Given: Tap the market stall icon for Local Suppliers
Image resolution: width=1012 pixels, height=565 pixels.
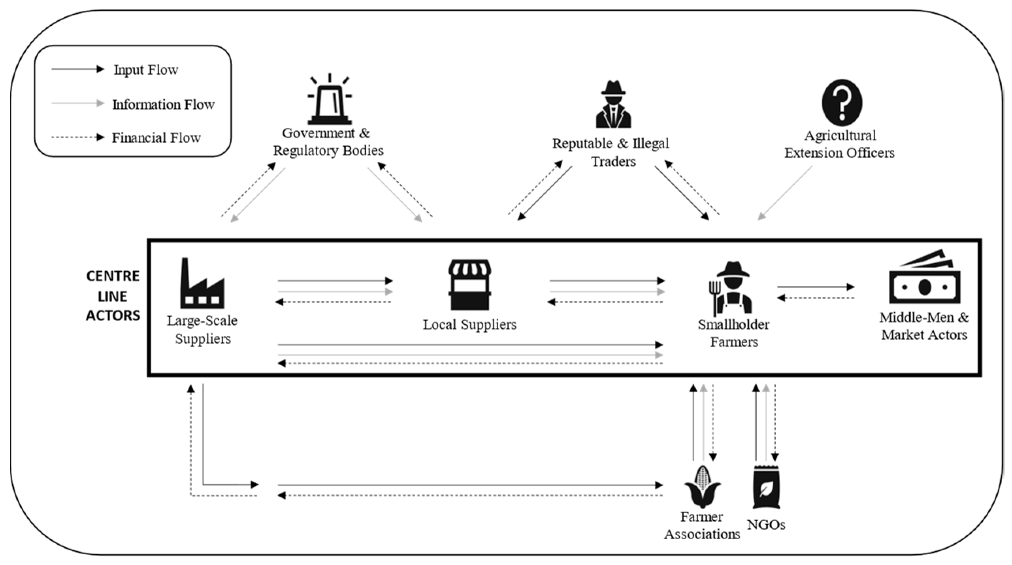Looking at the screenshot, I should (x=469, y=284).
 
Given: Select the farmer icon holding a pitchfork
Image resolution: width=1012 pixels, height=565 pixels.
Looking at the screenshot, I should (x=730, y=288).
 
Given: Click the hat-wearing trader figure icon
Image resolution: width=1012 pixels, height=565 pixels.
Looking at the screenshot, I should (x=613, y=104).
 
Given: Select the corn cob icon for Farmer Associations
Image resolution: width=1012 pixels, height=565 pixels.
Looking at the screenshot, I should (x=703, y=487).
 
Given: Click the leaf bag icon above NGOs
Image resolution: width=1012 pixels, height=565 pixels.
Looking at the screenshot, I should (x=766, y=487).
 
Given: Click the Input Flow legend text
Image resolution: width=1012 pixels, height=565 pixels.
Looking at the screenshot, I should (x=146, y=70).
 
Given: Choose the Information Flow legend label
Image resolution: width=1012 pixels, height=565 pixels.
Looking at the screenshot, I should (x=163, y=105).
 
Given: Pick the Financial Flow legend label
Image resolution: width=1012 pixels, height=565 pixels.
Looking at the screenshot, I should (x=156, y=138).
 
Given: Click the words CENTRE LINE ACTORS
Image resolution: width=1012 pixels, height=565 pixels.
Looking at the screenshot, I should (x=113, y=296).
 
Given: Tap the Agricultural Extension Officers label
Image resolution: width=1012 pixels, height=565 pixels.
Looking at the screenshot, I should (x=839, y=144).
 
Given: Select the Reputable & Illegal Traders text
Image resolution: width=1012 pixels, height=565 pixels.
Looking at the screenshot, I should (x=611, y=152).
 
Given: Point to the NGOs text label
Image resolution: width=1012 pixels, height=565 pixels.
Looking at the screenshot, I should (x=766, y=525).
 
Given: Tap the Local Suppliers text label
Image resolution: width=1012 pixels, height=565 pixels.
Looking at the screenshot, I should (x=469, y=325).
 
